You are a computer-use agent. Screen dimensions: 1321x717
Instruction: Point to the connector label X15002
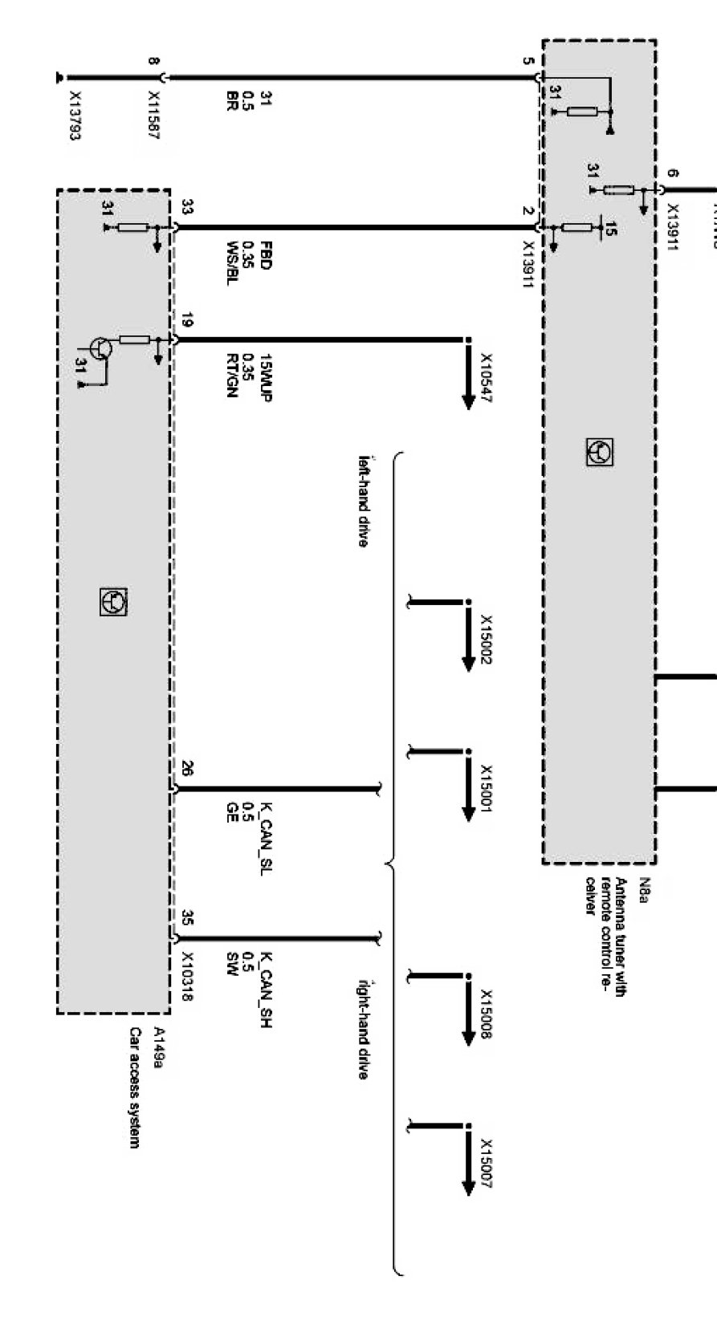(x=486, y=640)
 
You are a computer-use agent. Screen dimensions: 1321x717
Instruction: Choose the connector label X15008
(x=486, y=1013)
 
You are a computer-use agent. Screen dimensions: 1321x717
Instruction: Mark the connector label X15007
(x=486, y=1163)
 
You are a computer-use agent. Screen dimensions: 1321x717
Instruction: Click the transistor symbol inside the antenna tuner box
(x=601, y=453)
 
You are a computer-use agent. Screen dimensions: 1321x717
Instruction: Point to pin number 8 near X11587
(x=153, y=61)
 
